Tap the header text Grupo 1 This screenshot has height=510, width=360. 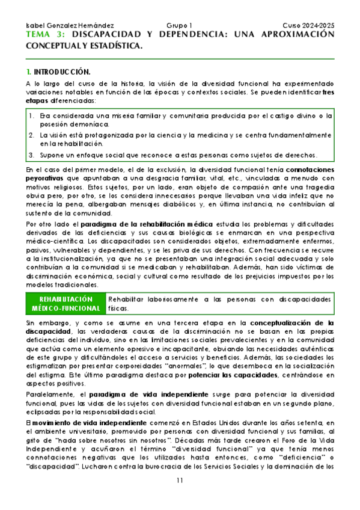180,26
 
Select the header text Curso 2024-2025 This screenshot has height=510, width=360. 308,26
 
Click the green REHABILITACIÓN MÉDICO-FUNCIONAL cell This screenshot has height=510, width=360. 66,304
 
